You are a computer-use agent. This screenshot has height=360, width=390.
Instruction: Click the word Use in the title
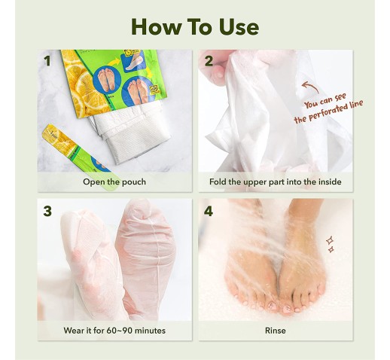tap(239, 26)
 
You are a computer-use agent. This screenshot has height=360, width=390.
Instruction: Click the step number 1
tap(47, 61)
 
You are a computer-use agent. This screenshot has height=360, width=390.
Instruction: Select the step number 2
tap(209, 61)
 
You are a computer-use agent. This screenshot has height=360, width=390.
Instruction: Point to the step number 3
tap(47, 211)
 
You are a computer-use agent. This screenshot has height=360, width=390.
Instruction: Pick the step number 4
tap(209, 211)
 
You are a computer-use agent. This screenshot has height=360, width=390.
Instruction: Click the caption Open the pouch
tap(114, 182)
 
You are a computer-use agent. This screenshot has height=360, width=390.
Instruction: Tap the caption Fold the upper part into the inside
tap(276, 182)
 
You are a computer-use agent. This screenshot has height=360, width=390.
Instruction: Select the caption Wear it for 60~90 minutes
tap(114, 331)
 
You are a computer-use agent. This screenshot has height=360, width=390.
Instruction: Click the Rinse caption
tap(276, 331)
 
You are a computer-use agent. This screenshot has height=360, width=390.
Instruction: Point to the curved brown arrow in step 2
tap(311, 85)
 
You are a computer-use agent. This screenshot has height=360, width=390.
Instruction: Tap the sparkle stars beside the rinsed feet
tap(331, 244)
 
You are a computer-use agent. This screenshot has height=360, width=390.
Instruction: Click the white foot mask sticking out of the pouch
tap(130, 133)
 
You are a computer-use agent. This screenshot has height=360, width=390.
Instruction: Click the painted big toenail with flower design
tap(288, 309)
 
